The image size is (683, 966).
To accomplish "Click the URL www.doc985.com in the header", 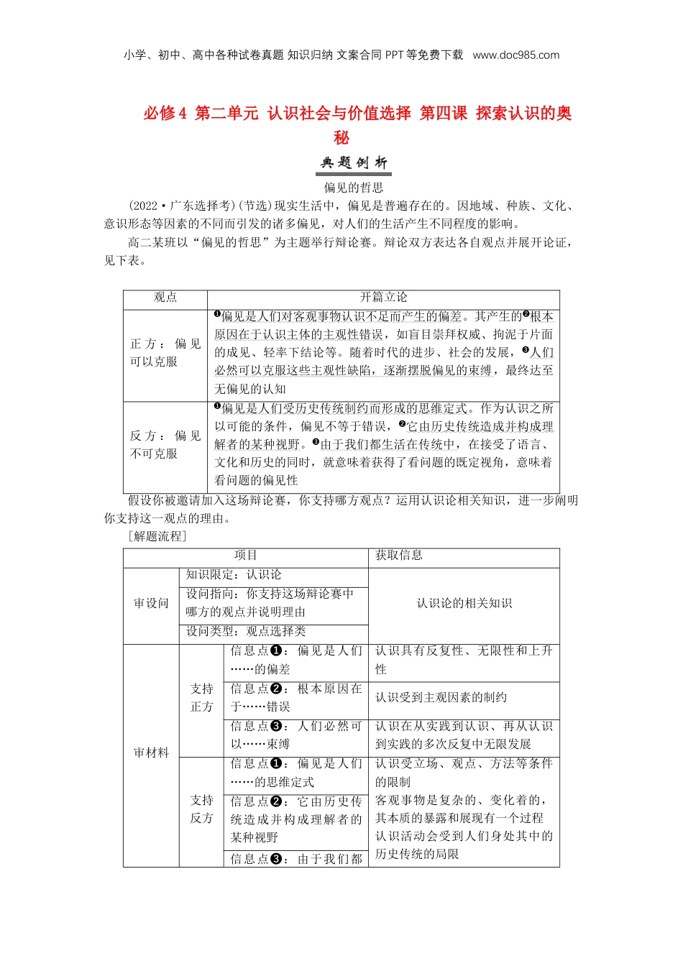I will pyautogui.click(x=515, y=55).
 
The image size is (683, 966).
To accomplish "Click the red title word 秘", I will pyautogui.click(x=341, y=137).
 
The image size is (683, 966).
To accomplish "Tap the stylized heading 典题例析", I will pyautogui.click(x=354, y=163).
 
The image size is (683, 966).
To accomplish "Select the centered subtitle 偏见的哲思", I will pyautogui.click(x=354, y=188).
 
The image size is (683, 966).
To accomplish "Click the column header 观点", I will pyautogui.click(x=165, y=298).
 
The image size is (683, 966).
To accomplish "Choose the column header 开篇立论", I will pyautogui.click(x=383, y=298).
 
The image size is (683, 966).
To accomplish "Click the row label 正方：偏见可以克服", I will pyautogui.click(x=165, y=352).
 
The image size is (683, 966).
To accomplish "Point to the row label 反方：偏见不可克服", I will pyautogui.click(x=165, y=444).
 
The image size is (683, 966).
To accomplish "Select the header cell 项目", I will pyautogui.click(x=246, y=556).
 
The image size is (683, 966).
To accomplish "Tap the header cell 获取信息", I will pyautogui.click(x=399, y=556).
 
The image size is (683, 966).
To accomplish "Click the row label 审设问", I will pyautogui.click(x=151, y=603).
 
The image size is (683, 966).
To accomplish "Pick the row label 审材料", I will pyautogui.click(x=151, y=753).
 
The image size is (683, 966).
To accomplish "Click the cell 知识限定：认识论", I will pyautogui.click(x=234, y=575).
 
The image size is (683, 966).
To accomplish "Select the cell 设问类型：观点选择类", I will pyautogui.click(x=246, y=631).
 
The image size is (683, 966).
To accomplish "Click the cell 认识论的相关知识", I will pyautogui.click(x=464, y=603).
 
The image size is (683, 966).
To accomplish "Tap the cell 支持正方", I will pyautogui.click(x=202, y=698).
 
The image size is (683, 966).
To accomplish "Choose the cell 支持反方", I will pyautogui.click(x=202, y=809).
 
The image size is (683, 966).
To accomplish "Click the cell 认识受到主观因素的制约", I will pyautogui.click(x=441, y=697).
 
